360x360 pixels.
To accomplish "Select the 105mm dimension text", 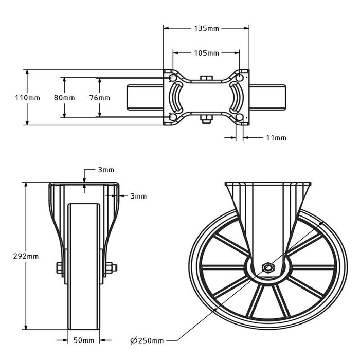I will (x=206, y=53).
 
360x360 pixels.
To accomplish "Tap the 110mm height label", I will (x=14, y=98).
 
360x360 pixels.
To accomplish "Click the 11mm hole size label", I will (x=277, y=138).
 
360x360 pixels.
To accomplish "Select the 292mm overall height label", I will (x=13, y=256).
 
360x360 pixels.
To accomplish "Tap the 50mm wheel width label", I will (x=84, y=340).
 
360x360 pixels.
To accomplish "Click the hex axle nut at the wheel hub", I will (x=267, y=267).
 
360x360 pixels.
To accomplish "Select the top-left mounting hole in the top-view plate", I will (x=171, y=78).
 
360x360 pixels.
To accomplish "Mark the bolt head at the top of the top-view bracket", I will (x=206, y=78).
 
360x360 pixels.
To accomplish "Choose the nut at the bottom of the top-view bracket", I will (x=206, y=120).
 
